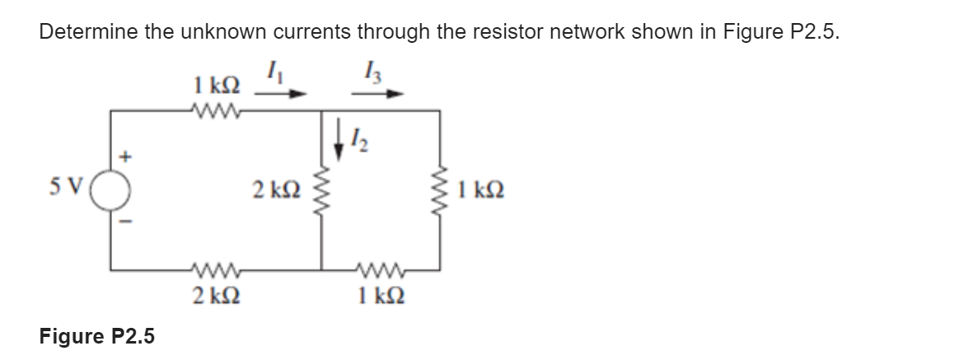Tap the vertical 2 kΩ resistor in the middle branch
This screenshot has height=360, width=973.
click(321, 200)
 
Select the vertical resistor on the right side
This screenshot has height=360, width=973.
click(439, 200)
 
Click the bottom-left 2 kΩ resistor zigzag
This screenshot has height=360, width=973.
click(213, 267)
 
